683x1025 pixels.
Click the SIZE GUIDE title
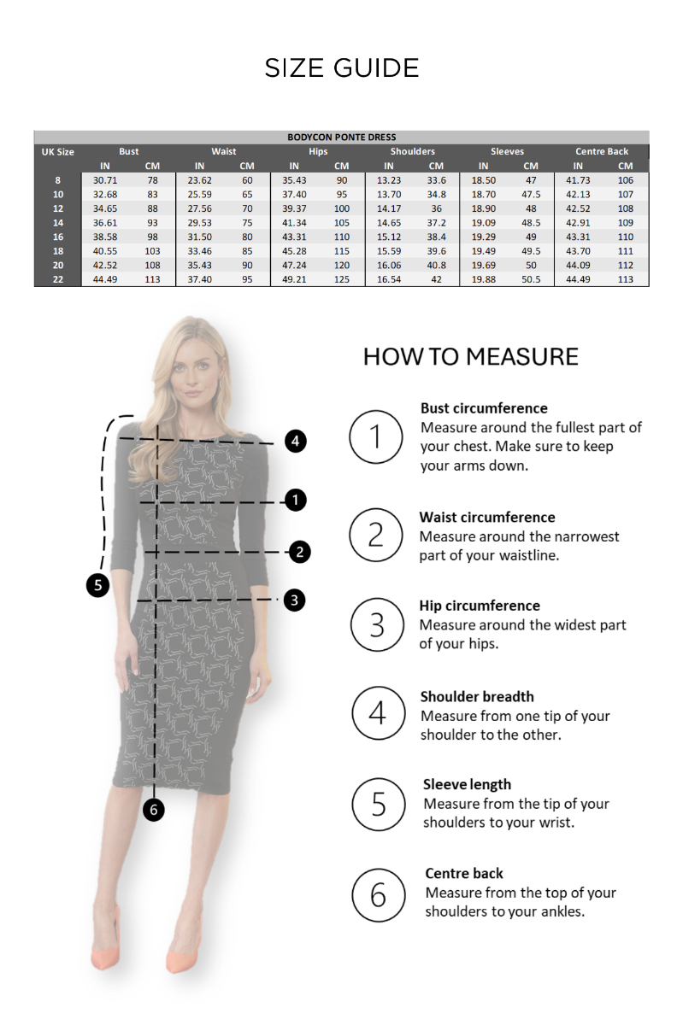(x=341, y=68)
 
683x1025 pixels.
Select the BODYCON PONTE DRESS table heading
(x=341, y=137)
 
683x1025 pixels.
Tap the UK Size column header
(x=57, y=152)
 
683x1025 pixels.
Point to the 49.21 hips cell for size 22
(x=294, y=279)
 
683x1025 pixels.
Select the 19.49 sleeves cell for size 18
(x=483, y=251)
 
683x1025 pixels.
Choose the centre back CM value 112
(x=625, y=265)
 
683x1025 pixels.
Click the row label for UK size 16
(x=57, y=237)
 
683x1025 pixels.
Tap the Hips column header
(x=318, y=151)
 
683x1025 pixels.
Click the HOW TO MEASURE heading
(x=470, y=356)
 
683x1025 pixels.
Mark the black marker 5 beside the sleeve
(x=98, y=585)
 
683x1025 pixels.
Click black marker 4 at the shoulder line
(x=295, y=441)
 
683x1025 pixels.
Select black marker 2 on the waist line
(x=299, y=551)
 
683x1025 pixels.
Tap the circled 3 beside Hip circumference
(x=377, y=624)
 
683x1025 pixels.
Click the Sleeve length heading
(x=467, y=784)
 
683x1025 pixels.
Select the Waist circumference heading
(x=486, y=517)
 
